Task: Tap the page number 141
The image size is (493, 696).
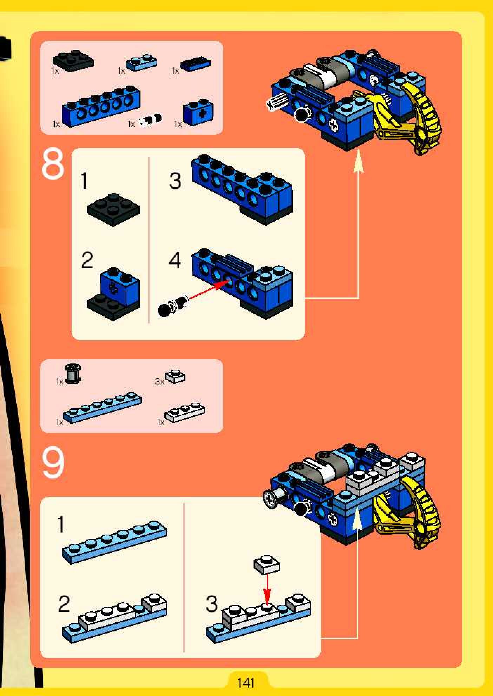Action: pos(246,683)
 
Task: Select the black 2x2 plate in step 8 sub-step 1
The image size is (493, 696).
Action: pos(113,209)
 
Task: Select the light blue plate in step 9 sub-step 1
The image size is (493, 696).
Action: pos(114,542)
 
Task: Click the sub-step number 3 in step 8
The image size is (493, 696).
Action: pos(175,181)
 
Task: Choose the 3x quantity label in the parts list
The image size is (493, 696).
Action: pos(159,381)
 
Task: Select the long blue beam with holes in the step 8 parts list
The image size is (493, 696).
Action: pos(101,106)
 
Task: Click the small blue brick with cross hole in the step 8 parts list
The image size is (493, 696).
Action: pos(198,113)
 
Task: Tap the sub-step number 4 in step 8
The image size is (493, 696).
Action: pos(175,260)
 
